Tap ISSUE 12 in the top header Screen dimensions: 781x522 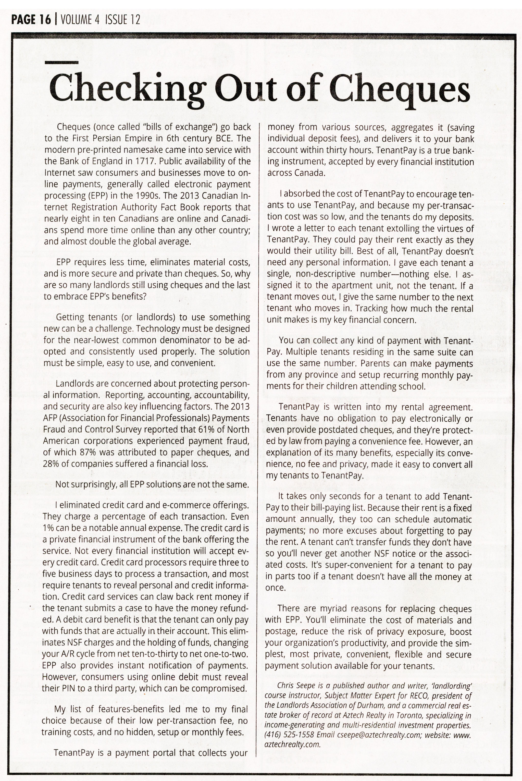tap(122, 20)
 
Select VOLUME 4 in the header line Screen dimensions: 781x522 tap(80, 20)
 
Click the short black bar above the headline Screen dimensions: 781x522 tap(61, 62)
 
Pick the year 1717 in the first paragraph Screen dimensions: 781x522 tap(145, 161)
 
